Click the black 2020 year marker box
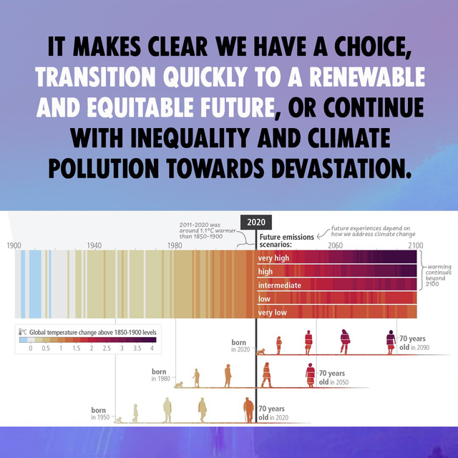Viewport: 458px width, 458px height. click(x=256, y=223)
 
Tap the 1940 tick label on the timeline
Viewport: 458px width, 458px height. click(x=94, y=245)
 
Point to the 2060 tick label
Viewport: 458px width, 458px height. click(x=335, y=245)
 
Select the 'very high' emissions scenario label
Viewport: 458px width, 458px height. click(x=273, y=258)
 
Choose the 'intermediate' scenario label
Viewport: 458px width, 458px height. click(x=280, y=285)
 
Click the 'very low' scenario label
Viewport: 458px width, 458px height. click(x=272, y=313)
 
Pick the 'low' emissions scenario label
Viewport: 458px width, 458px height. click(x=264, y=299)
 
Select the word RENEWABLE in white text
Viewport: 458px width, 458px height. click(x=367, y=77)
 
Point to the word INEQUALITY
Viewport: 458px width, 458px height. click(x=190, y=138)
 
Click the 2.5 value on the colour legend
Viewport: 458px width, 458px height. click(x=107, y=349)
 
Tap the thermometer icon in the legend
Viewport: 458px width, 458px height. click(x=21, y=332)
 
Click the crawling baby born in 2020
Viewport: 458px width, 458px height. click(x=260, y=351)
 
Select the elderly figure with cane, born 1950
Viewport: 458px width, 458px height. click(x=248, y=410)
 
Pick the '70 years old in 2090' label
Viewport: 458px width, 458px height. click(x=414, y=343)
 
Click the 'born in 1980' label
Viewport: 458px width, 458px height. click(x=160, y=375)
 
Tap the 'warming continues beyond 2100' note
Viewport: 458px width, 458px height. click(x=438, y=275)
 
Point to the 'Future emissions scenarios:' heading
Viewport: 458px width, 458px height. click(x=286, y=240)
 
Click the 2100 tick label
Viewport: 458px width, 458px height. click(x=415, y=245)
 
